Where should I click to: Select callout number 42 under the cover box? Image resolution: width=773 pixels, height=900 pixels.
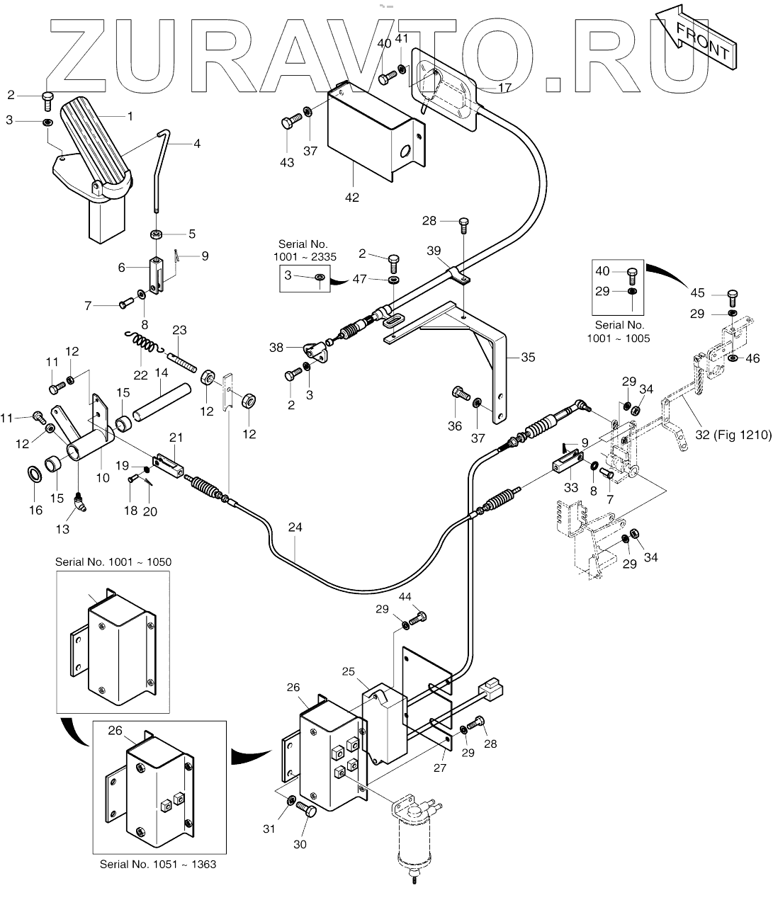click(x=352, y=198)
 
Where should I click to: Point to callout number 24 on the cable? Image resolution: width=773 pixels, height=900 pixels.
click(x=295, y=528)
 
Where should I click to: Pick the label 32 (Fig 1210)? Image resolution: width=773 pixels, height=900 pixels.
click(x=733, y=434)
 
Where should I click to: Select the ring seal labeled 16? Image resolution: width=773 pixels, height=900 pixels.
click(x=35, y=474)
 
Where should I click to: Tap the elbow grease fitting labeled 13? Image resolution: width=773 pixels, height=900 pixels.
click(x=80, y=501)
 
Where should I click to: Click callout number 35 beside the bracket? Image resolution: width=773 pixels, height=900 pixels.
click(x=528, y=357)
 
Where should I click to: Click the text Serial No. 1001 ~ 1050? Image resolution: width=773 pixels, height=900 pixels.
click(x=113, y=562)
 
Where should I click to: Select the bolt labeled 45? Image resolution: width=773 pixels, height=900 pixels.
click(x=733, y=297)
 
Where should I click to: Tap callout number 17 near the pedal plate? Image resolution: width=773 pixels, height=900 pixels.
click(x=504, y=88)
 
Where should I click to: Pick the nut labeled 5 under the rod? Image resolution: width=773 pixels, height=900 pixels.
click(x=156, y=234)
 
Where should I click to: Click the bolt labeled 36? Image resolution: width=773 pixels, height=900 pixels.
click(x=461, y=393)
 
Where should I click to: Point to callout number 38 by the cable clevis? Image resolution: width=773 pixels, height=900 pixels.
click(x=276, y=347)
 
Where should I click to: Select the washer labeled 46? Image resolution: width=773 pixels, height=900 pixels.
click(x=733, y=358)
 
